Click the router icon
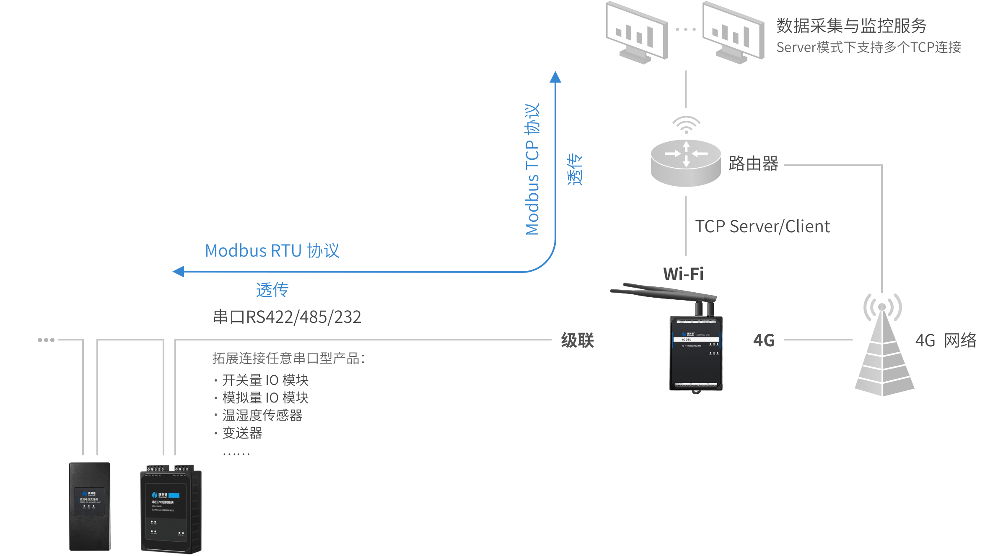coord(686,163)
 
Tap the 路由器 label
coord(753,164)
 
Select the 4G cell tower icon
coord(884,348)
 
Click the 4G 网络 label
coord(946,340)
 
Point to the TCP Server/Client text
coord(762,226)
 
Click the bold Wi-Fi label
coord(683,274)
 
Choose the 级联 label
coord(577,340)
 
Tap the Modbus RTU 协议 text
coord(272,251)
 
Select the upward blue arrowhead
coord(555,77)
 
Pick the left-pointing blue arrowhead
coord(179,272)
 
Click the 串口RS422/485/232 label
coord(287,317)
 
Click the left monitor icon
coord(637,33)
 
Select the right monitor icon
coord(734,33)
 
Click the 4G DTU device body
coord(696,354)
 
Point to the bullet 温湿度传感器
coord(262,415)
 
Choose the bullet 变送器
coord(242,433)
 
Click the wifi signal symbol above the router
coord(686,125)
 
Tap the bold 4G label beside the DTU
coord(764,340)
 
